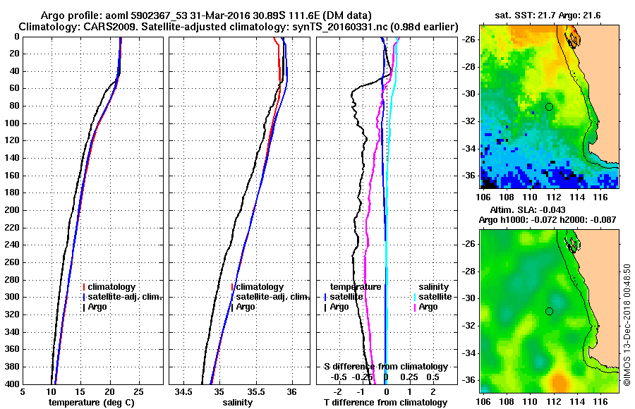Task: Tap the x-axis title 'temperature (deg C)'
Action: coord(91,402)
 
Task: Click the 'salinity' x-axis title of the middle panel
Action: coord(236,402)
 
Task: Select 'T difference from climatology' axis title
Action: coord(386,402)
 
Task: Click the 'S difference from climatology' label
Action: coord(386,367)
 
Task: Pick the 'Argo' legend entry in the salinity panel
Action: coord(246,307)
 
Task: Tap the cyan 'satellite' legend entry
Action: coord(433,297)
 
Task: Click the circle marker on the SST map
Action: coord(549,106)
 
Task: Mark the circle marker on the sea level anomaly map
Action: coord(549,311)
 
